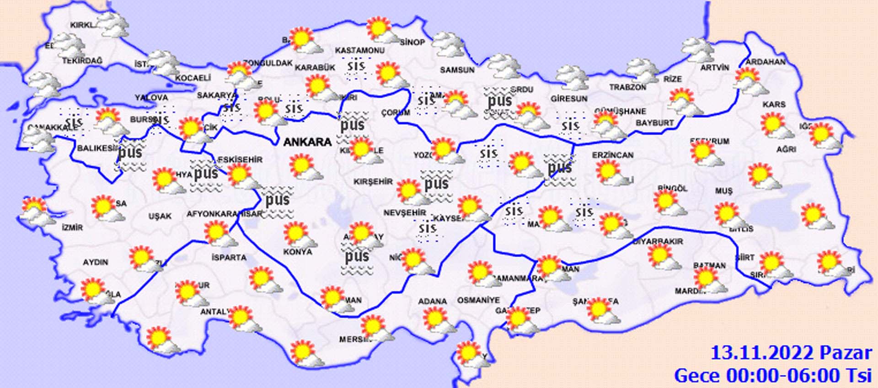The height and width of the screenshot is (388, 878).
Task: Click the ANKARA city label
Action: click(307, 142)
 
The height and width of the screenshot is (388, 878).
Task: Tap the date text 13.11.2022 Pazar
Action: click(791, 353)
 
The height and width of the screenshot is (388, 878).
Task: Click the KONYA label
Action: click(297, 252)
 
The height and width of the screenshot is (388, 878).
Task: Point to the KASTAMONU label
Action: click(360, 50)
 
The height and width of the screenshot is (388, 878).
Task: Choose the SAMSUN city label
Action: click(457, 70)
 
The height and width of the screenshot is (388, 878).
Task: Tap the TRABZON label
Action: click(627, 87)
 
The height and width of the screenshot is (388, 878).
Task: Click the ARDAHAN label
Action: click(766, 61)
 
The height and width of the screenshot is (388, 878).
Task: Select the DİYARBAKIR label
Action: click(658, 241)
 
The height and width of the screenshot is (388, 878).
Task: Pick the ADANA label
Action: click(432, 301)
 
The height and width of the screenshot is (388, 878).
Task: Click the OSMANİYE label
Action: click(478, 300)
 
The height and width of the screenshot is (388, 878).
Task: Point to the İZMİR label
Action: click(73, 227)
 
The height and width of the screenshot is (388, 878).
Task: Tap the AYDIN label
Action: click(95, 262)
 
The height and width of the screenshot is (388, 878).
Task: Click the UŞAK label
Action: click(160, 216)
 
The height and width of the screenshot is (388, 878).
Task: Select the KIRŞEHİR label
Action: click(373, 181)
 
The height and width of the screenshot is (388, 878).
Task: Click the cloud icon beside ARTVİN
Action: click(697, 50)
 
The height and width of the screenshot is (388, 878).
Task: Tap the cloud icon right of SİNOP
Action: click(448, 44)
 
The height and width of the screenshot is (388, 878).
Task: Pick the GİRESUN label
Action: click(569, 98)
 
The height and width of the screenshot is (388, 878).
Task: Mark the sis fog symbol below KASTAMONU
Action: click(356, 68)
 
